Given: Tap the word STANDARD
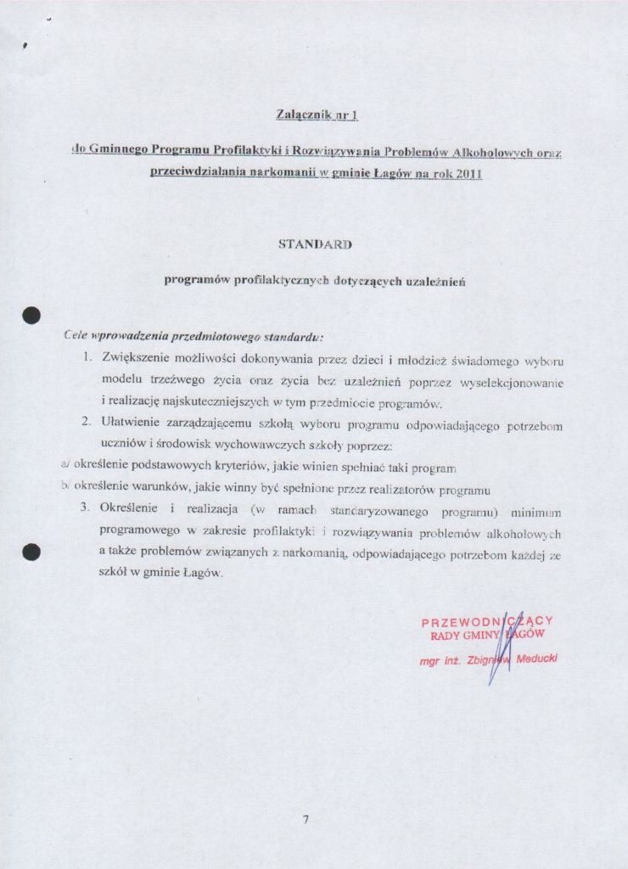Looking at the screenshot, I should (x=315, y=244).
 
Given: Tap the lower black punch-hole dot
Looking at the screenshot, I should (x=32, y=552).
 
